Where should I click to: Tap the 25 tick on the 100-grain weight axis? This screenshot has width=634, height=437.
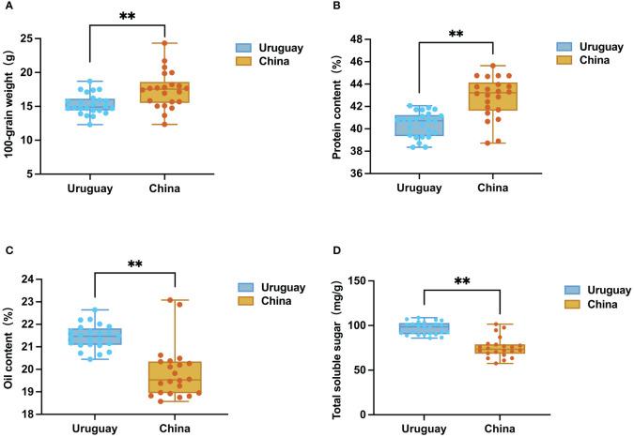coord(53,38)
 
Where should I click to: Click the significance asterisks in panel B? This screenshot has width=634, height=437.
coord(456,35)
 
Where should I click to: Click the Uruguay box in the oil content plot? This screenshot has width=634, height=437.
coord(94,336)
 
